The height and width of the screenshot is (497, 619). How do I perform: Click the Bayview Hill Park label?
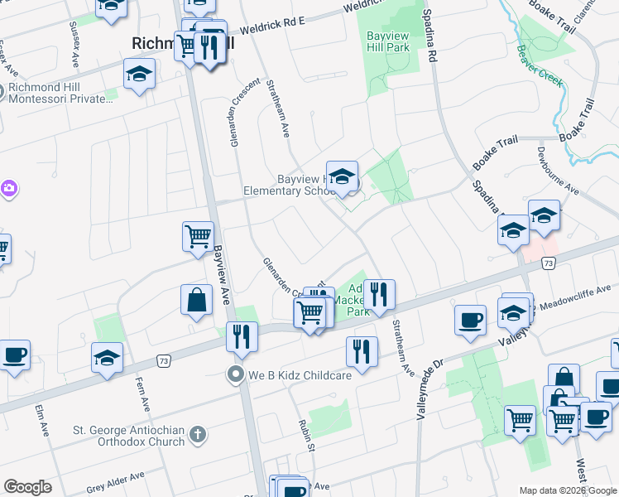(x=388, y=43)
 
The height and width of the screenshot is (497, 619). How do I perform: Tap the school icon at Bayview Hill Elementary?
(x=342, y=178)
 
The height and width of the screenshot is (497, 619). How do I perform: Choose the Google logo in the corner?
(x=28, y=487)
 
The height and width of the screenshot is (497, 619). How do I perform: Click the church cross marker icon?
(x=197, y=432)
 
